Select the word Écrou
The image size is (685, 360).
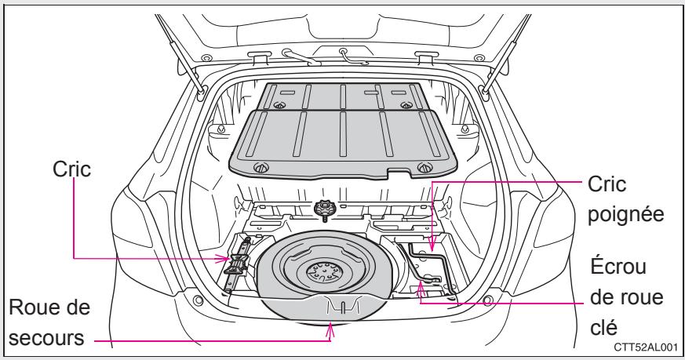(618, 268)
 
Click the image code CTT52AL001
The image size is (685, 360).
(648, 347)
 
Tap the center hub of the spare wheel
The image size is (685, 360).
(321, 274)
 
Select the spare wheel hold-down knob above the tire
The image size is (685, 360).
(322, 209)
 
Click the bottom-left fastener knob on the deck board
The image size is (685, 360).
(259, 166)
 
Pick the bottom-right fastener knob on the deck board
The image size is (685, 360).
(424, 165)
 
